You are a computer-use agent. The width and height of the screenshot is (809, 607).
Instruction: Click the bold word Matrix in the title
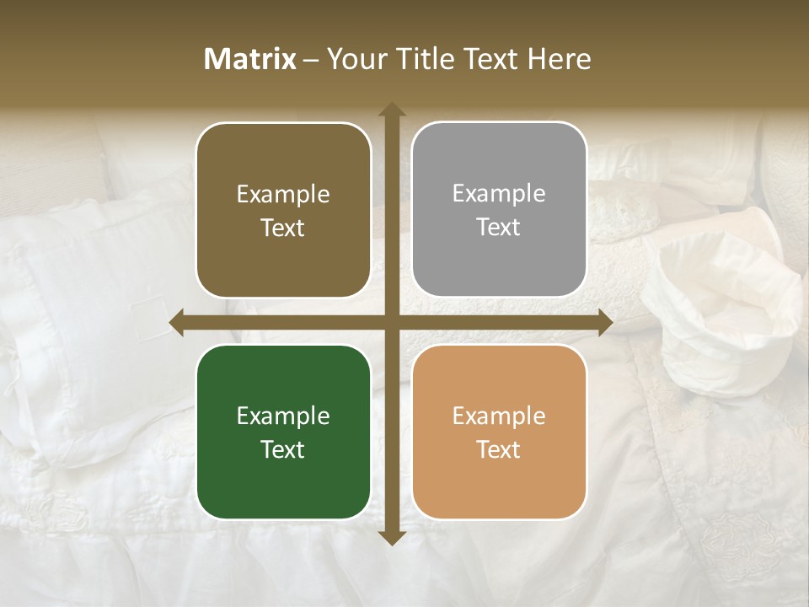250,59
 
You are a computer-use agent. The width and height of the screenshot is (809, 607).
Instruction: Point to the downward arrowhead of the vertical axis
391,537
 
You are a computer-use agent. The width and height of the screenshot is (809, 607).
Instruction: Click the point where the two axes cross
391,323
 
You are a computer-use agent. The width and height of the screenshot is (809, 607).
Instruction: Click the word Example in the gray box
499,194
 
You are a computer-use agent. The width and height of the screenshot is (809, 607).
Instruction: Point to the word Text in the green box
283,449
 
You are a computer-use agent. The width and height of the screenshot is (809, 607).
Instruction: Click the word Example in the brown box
283,194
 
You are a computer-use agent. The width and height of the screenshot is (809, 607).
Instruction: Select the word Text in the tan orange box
499,449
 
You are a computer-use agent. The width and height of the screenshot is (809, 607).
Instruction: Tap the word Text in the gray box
499,228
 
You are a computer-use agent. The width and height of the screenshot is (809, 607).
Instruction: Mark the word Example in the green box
283,416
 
